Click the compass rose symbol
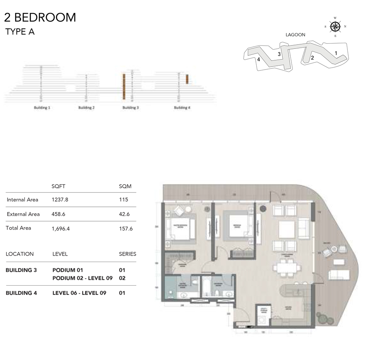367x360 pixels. pyautogui.click(x=335, y=27)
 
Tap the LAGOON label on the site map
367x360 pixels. pyautogui.click(x=295, y=35)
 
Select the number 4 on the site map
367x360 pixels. pyautogui.click(x=259, y=60)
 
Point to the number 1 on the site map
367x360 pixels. pyautogui.click(x=336, y=53)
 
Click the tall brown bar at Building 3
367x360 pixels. pyautogui.click(x=124, y=86)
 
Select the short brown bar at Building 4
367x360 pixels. pyautogui.click(x=187, y=79)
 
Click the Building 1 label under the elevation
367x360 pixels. pyautogui.click(x=42, y=108)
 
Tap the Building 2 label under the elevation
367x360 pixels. pyautogui.click(x=86, y=108)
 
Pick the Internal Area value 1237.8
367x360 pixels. pyautogui.click(x=60, y=200)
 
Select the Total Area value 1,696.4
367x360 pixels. pyautogui.click(x=60, y=228)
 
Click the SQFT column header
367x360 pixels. pyautogui.click(x=58, y=186)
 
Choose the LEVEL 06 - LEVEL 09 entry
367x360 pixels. pyautogui.click(x=79, y=293)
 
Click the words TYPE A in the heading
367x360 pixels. pyautogui.click(x=20, y=32)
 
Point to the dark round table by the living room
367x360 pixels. pyautogui.click(x=262, y=209)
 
